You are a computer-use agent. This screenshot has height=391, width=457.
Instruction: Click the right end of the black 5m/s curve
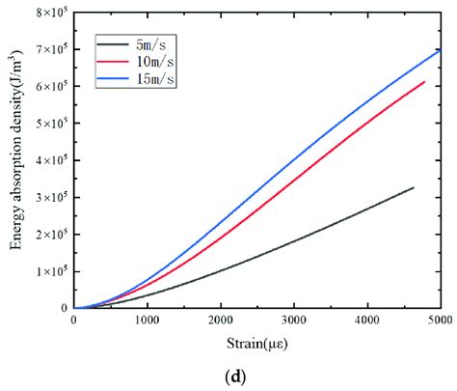pyautogui.click(x=413, y=187)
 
